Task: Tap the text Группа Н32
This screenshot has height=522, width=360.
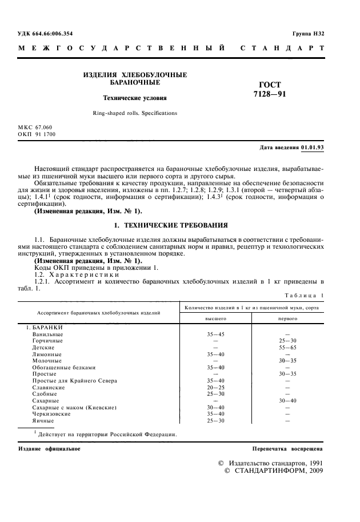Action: click(309, 34)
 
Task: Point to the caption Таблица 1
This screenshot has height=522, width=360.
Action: click(303, 295)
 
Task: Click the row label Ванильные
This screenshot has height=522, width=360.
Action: click(48, 334)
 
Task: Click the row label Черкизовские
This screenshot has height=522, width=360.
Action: click(53, 413)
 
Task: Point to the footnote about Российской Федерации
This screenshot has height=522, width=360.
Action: click(106, 434)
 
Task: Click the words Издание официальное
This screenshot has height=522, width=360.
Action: click(49, 449)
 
